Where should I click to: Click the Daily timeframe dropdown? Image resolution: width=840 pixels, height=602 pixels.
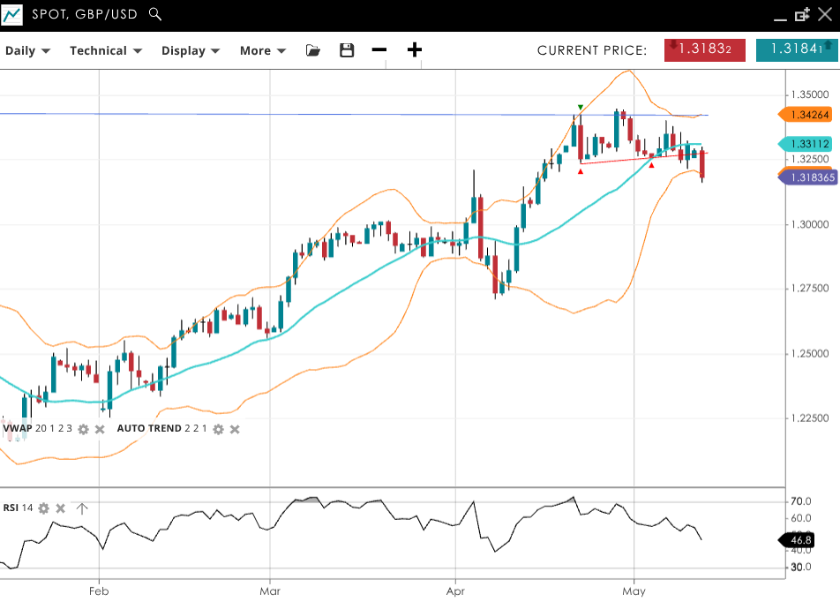pyautogui.click(x=27, y=50)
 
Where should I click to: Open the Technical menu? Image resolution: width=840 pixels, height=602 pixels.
pyautogui.click(x=105, y=50)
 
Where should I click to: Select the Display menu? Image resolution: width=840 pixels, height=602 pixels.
pyautogui.click(x=190, y=50)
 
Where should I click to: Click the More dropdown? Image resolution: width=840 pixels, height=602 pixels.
pyautogui.click(x=262, y=50)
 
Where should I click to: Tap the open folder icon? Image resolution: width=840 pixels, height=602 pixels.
pyautogui.click(x=313, y=50)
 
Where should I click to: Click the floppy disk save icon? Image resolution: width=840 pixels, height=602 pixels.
pyautogui.click(x=347, y=50)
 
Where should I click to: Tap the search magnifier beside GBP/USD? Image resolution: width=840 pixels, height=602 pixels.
pyautogui.click(x=155, y=14)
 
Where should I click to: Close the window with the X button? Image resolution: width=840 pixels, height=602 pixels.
pyautogui.click(x=825, y=14)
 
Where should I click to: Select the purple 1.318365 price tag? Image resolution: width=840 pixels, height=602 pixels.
pyautogui.click(x=807, y=177)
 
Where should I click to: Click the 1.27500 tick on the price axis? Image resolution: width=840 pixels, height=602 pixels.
pyautogui.click(x=809, y=289)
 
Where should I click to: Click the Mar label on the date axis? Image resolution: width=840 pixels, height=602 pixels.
pyautogui.click(x=270, y=591)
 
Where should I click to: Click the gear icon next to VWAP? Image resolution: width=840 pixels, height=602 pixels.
pyautogui.click(x=83, y=429)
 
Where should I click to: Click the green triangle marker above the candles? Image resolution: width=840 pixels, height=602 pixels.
pyautogui.click(x=580, y=107)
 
